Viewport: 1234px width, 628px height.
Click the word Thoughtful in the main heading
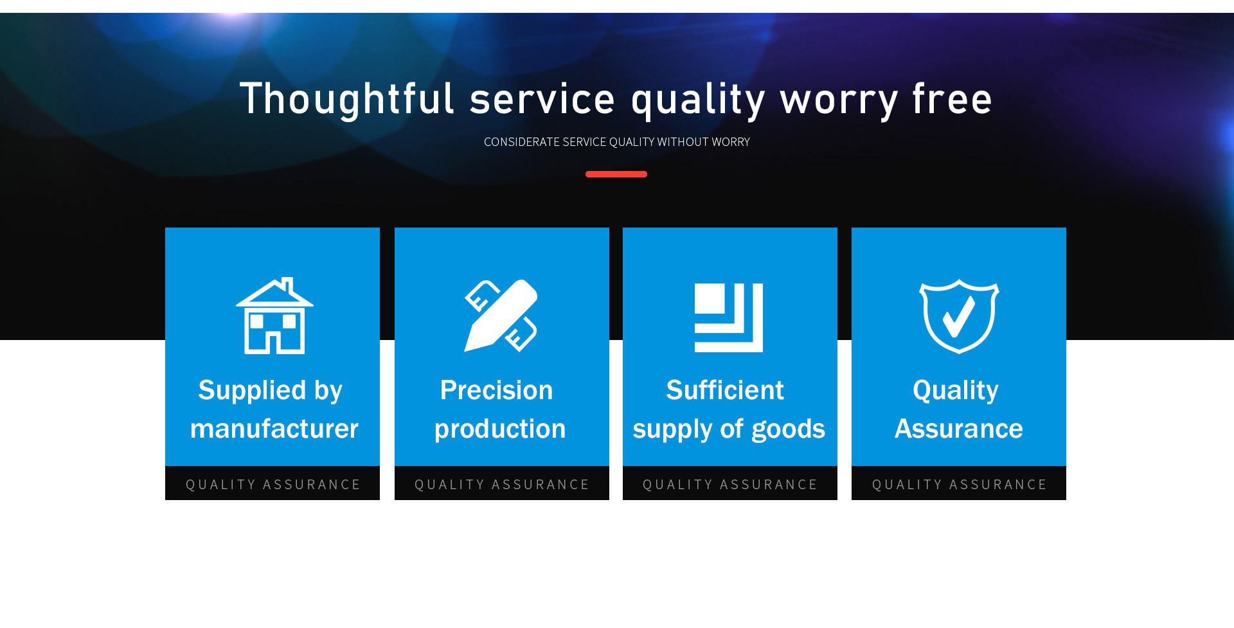pyautogui.click(x=347, y=99)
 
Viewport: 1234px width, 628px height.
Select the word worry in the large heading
pyautogui.click(x=839, y=102)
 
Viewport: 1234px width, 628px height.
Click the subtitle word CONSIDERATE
pyautogui.click(x=521, y=142)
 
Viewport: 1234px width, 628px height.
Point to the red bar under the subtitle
pyautogui.click(x=616, y=174)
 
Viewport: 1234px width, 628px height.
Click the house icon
pyautogui.click(x=274, y=316)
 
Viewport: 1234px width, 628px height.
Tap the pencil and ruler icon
pyautogui.click(x=501, y=316)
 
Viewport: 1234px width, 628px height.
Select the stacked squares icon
pyautogui.click(x=729, y=318)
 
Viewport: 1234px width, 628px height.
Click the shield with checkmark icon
pyautogui.click(x=959, y=316)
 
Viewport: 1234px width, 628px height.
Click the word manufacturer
pyautogui.click(x=274, y=429)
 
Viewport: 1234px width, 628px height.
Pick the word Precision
pyautogui.click(x=496, y=390)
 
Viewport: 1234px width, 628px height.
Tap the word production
pyautogui.click(x=500, y=429)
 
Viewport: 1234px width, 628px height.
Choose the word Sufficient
pyautogui.click(x=725, y=390)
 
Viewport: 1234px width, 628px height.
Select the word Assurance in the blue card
pyautogui.click(x=958, y=429)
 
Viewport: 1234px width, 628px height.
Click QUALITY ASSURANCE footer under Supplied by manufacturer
pyautogui.click(x=273, y=485)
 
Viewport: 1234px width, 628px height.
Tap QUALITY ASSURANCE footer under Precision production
pyautogui.click(x=502, y=485)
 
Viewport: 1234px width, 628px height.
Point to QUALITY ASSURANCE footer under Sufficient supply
pyautogui.click(x=730, y=485)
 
